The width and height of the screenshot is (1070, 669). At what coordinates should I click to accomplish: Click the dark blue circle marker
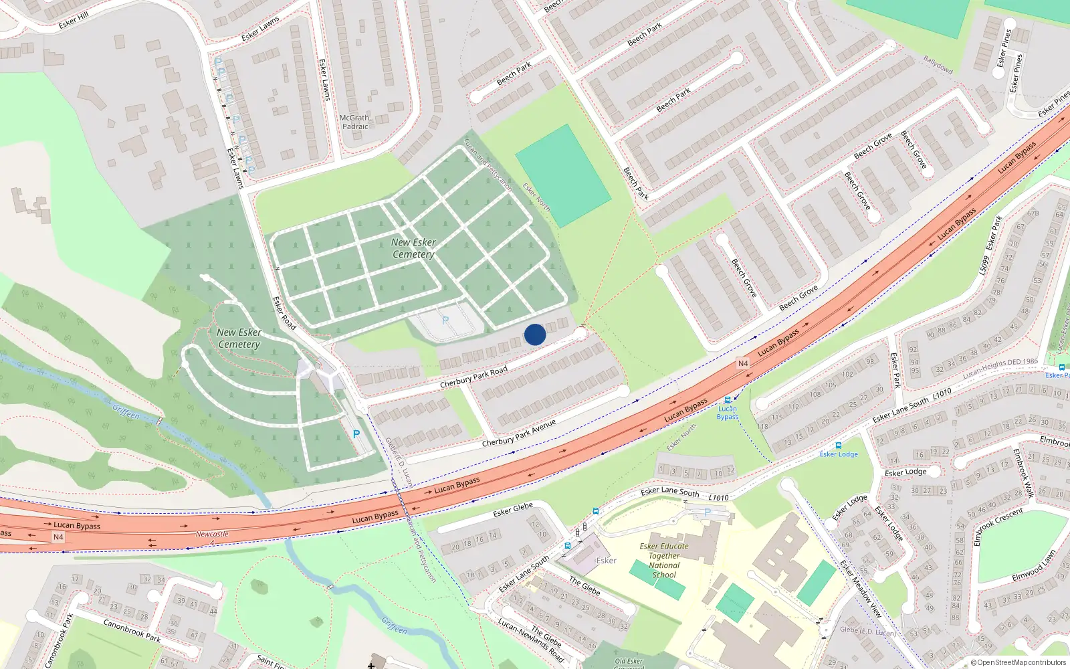(535, 334)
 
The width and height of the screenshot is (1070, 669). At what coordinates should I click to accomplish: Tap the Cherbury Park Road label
(473, 377)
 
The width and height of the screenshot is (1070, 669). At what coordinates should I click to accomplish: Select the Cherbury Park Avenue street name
(519, 434)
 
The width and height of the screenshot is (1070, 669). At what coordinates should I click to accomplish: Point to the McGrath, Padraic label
(355, 122)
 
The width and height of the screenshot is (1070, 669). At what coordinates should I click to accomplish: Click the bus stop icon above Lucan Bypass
(728, 400)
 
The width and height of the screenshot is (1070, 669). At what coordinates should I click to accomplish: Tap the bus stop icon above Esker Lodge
(838, 445)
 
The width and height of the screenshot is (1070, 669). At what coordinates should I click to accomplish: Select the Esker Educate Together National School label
(663, 560)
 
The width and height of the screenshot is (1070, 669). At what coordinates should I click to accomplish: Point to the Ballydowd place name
(938, 64)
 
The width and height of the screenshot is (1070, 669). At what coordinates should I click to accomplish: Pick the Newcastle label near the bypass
(212, 534)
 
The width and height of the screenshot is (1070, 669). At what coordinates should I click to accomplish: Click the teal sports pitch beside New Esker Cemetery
(562, 175)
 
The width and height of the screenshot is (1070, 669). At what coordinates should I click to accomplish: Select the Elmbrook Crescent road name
(998, 526)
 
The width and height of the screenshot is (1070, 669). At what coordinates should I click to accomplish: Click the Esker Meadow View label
(861, 588)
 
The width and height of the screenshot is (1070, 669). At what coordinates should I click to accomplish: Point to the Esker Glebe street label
(513, 510)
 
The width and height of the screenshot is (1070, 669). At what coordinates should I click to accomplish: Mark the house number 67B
(1033, 213)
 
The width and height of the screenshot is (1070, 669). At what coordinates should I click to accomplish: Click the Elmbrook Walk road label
(1023, 473)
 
